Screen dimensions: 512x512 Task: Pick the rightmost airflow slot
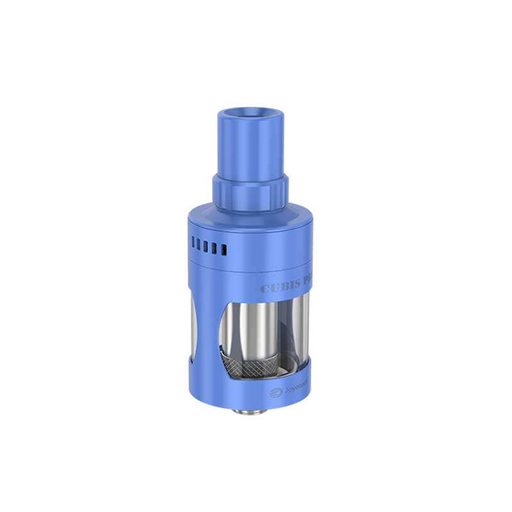pos(224,249)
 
